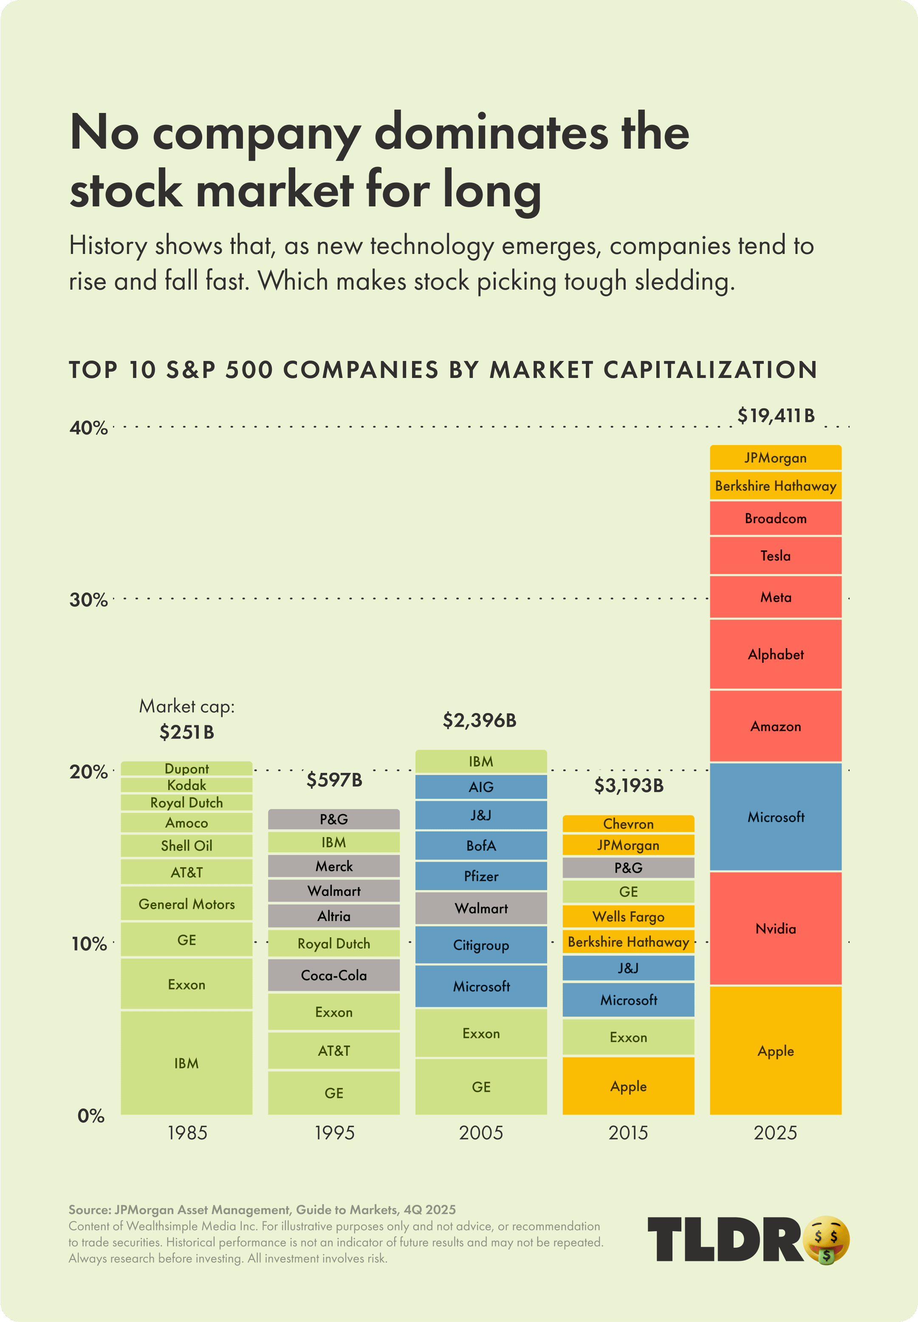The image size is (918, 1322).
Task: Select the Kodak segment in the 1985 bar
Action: [x=186, y=785]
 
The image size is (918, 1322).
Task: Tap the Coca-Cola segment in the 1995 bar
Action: [x=333, y=975]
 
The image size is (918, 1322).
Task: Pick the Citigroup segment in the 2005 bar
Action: [x=481, y=945]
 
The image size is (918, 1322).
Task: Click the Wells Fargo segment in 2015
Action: [x=628, y=916]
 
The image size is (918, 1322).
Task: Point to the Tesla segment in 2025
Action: [x=775, y=555]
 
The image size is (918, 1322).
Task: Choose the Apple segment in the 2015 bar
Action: [x=628, y=1086]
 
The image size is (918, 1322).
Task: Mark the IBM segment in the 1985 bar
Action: [x=186, y=1063]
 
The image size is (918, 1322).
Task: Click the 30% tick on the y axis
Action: [x=89, y=600]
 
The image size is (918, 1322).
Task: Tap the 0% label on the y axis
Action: [x=91, y=1116]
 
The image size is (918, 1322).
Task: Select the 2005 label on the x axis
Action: [x=481, y=1133]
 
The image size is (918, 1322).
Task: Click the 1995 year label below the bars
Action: [x=334, y=1133]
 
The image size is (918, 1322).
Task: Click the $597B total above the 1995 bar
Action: [x=334, y=780]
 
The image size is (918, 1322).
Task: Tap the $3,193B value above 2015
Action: [x=629, y=786]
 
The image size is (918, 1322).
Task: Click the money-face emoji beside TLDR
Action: [x=827, y=1239]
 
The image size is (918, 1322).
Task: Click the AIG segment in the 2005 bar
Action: [x=481, y=786]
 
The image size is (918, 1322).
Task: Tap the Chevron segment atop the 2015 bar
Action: [x=628, y=824]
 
